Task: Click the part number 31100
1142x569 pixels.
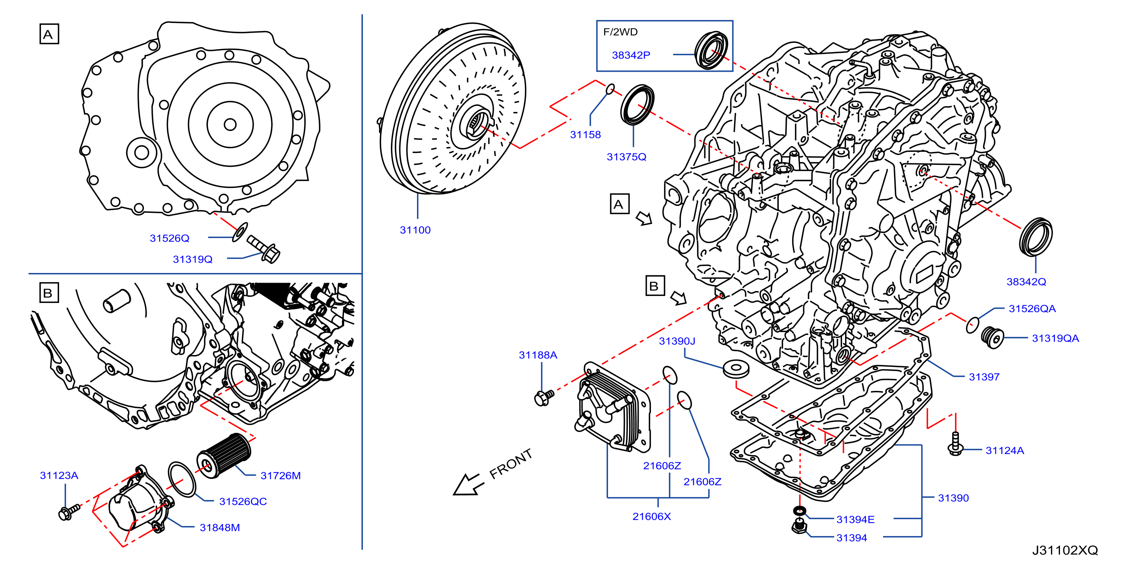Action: pos(415,230)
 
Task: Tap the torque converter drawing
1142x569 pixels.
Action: pos(452,109)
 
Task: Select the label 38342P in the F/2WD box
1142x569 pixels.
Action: pos(631,55)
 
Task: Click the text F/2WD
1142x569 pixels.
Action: pos(620,32)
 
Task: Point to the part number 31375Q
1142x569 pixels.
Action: pos(626,156)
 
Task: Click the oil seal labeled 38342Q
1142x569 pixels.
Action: pos(1036,237)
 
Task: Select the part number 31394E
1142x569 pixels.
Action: pos(855,520)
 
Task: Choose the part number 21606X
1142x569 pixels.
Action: pos(652,516)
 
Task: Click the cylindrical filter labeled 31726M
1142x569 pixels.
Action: pos(224,455)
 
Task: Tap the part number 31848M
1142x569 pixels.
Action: pos(219,527)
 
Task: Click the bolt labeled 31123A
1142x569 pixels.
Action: pos(69,512)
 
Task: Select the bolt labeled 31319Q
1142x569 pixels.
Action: pos(263,248)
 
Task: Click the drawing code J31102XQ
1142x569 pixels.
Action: pos(1065,550)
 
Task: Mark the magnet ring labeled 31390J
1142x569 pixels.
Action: pos(736,369)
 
